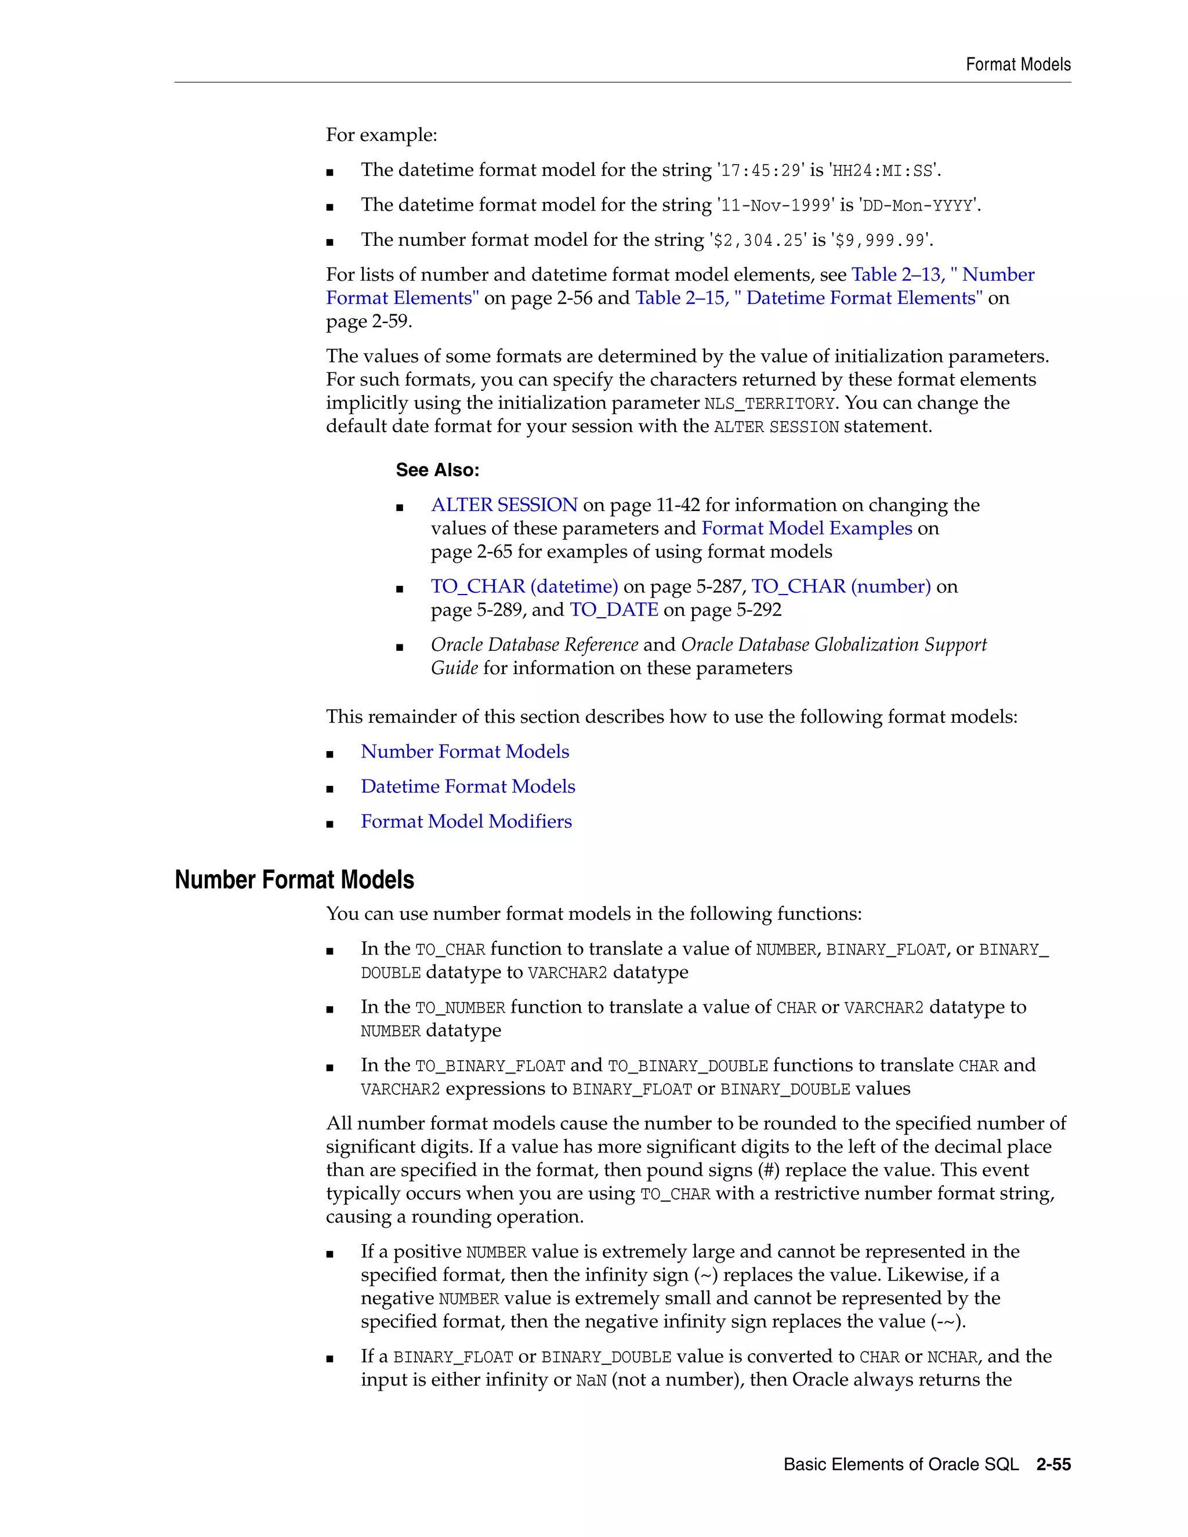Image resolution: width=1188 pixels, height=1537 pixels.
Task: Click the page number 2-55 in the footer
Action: (x=1053, y=1464)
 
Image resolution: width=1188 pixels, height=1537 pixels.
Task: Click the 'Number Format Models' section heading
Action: (x=294, y=880)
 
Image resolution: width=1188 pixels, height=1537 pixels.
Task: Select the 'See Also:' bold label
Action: (x=437, y=470)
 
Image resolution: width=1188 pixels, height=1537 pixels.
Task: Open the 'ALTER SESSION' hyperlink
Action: (x=504, y=505)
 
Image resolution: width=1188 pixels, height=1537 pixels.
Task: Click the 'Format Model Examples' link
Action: (x=806, y=528)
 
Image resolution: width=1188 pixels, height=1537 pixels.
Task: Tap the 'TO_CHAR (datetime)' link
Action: (x=524, y=587)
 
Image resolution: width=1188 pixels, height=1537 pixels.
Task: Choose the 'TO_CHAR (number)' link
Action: (x=841, y=587)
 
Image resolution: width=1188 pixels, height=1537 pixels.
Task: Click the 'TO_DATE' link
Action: (x=614, y=610)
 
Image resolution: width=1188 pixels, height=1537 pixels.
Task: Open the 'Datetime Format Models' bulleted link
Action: (x=468, y=787)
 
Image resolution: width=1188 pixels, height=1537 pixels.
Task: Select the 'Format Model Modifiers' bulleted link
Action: (x=466, y=822)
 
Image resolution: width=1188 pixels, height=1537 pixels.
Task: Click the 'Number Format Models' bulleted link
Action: (x=465, y=752)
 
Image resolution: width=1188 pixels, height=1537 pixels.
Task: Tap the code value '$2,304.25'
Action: (x=758, y=241)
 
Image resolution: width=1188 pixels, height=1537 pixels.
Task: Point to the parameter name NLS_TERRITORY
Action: (x=769, y=404)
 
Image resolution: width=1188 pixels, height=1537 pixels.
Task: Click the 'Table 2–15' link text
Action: (x=680, y=298)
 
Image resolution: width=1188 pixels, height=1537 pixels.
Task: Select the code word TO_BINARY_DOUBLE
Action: (x=687, y=1066)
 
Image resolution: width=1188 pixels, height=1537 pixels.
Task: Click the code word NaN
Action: (x=591, y=1381)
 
